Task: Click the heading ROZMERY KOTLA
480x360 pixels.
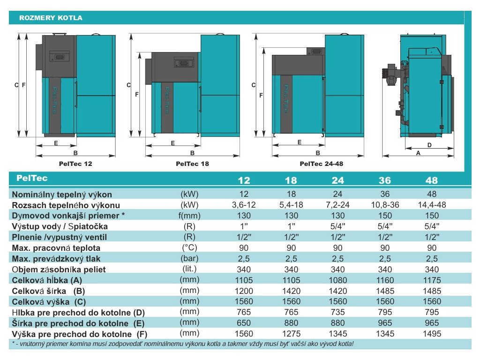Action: click(51, 18)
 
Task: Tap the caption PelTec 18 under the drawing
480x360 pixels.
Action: click(192, 164)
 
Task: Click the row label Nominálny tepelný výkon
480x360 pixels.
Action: click(62, 194)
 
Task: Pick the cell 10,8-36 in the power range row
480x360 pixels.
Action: click(384, 205)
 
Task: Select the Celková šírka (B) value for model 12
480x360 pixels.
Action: click(244, 291)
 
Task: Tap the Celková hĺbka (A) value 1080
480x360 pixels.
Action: click(337, 280)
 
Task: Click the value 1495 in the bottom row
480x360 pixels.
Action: click(431, 334)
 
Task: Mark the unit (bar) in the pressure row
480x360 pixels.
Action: click(190, 258)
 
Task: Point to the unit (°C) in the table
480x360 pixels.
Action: click(190, 247)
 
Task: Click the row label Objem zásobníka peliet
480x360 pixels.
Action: click(59, 270)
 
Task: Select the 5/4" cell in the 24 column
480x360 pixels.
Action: click(337, 226)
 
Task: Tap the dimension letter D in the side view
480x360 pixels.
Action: click(429, 145)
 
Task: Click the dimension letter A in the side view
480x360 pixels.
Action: click(418, 153)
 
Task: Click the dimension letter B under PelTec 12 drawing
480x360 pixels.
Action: click(75, 153)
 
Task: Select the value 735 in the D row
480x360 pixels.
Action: click(337, 312)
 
